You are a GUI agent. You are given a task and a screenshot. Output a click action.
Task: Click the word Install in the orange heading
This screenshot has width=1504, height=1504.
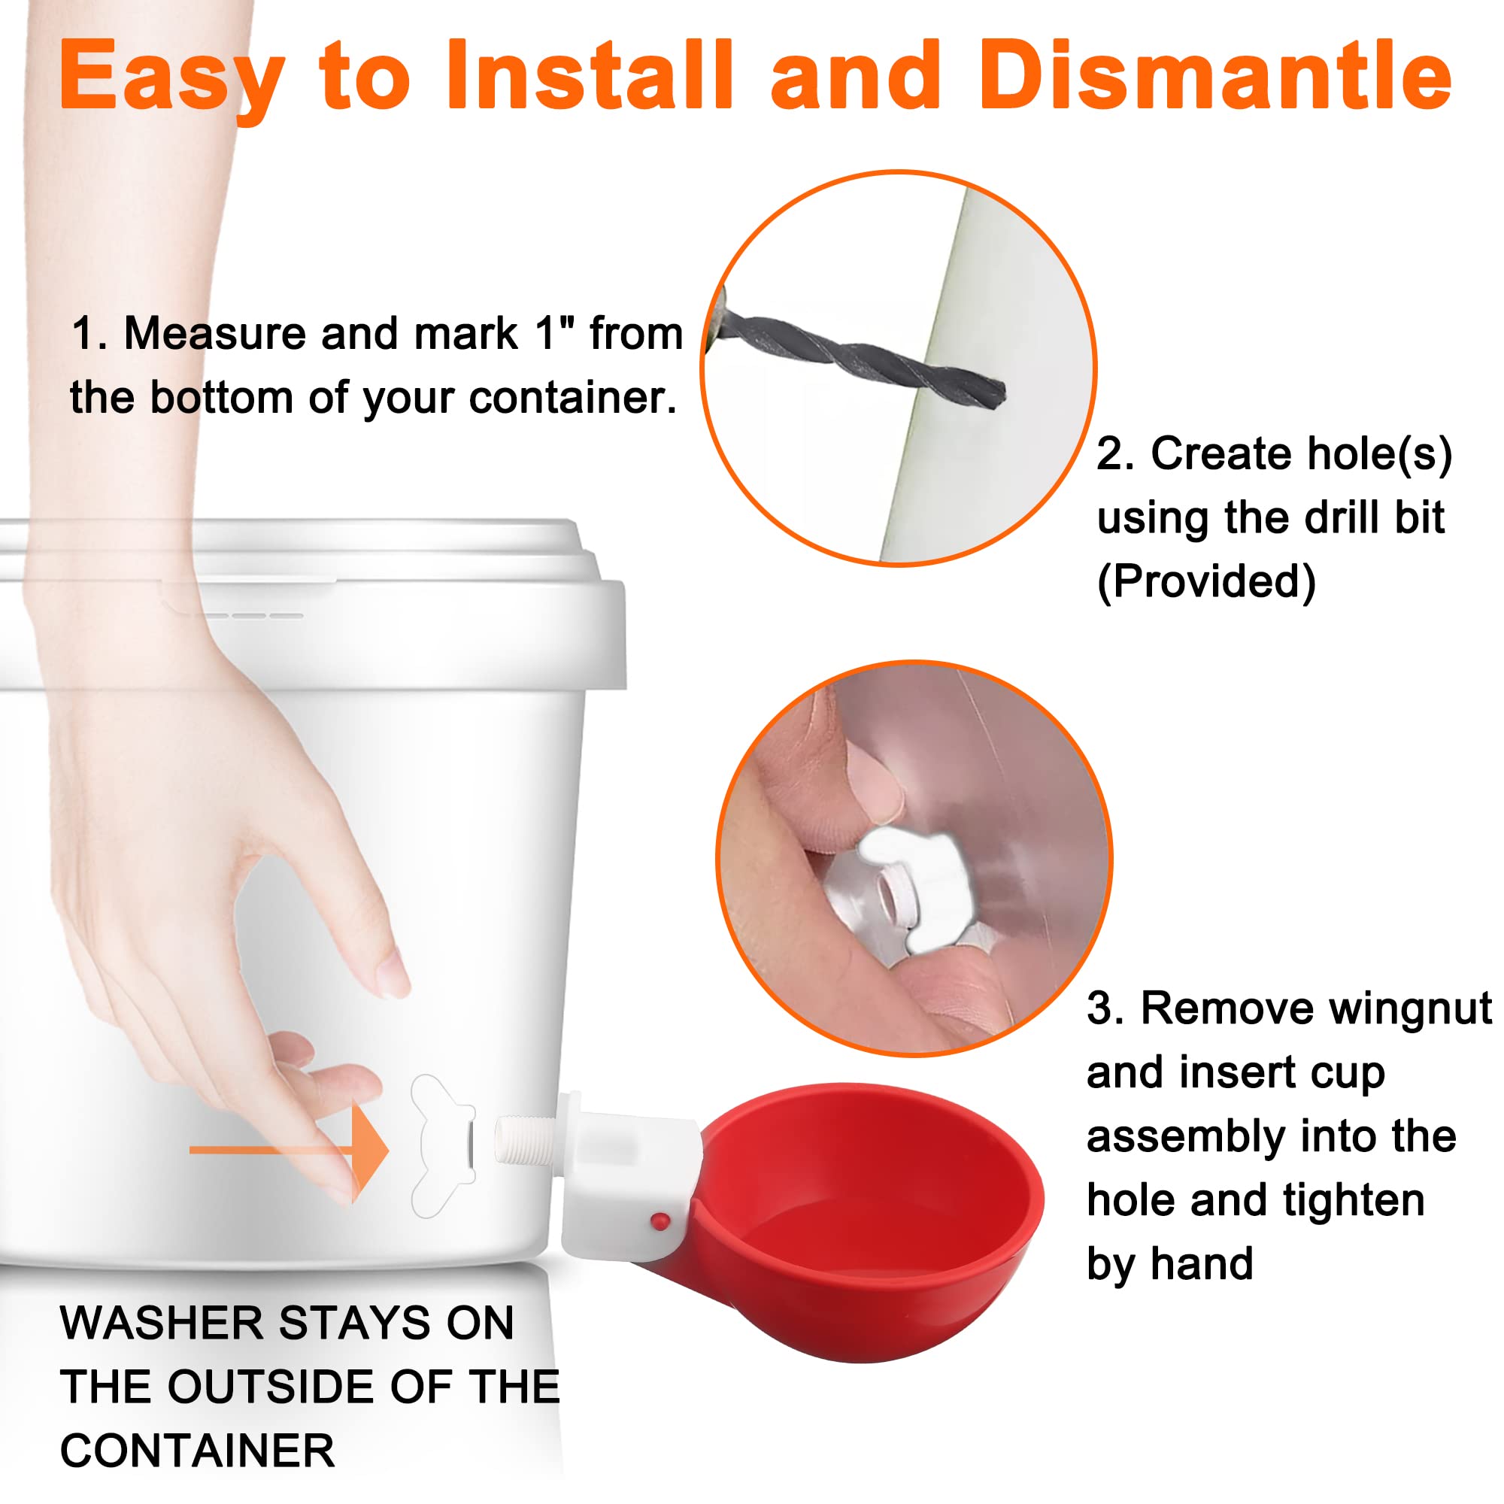590,75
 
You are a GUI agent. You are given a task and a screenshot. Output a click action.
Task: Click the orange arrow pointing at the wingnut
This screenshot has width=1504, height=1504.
289,1151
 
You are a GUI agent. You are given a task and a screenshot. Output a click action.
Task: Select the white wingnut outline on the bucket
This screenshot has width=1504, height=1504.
442,1146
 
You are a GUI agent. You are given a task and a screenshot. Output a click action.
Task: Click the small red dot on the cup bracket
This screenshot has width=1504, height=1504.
660,1220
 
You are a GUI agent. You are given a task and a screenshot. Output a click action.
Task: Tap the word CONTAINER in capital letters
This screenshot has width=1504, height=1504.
198,1451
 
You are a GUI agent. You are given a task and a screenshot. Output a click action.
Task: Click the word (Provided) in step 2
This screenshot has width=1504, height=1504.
1206,581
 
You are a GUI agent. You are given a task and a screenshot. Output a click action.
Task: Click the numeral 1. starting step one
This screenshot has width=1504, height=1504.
89,334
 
